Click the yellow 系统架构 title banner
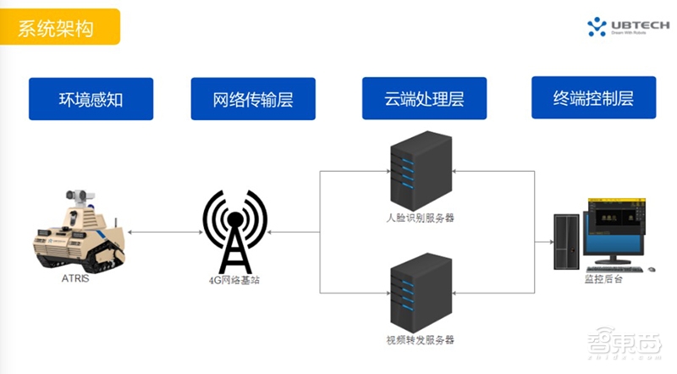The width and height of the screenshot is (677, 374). tap(60, 27)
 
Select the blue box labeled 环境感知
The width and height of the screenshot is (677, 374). tap(91, 100)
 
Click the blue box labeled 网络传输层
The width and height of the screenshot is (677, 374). tap(253, 100)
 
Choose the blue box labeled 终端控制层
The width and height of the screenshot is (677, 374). tap(593, 98)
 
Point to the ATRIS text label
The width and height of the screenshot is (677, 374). tap(74, 278)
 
